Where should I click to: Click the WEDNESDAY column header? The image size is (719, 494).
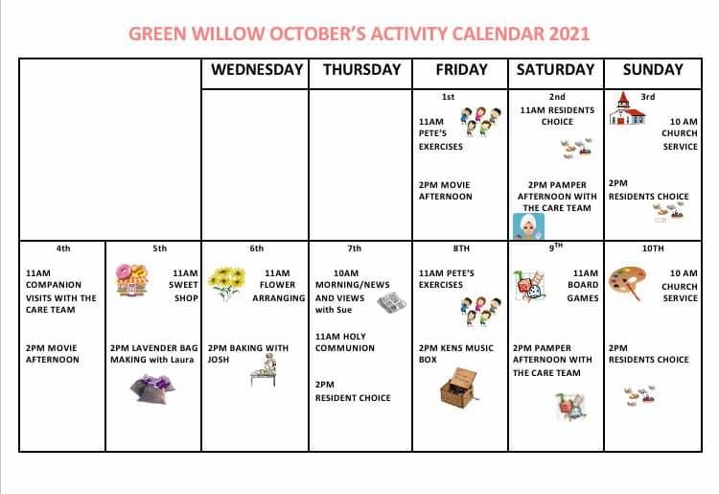coord(257,70)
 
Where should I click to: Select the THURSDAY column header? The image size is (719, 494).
coord(361,70)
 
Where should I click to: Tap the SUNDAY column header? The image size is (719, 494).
coord(653,70)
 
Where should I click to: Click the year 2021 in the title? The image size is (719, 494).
coord(569,34)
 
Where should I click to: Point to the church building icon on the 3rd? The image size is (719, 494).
coord(627,108)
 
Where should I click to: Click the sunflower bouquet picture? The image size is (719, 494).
coord(226,283)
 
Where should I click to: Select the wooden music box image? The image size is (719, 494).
coord(459,388)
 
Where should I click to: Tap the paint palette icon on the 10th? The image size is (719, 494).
coord(627,282)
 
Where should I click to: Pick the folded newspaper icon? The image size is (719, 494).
coord(391,303)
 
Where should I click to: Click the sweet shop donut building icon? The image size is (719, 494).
coord(131,280)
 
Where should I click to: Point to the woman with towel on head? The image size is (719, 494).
coord(528,226)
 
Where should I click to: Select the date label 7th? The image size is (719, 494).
coord(354,248)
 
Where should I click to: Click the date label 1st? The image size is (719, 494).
coord(448,97)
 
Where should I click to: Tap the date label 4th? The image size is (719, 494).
coord(63,248)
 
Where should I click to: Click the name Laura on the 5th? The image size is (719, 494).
coord(182,360)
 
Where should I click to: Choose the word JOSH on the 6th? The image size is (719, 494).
coord(219,360)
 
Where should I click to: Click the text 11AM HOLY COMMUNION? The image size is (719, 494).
coord(345,342)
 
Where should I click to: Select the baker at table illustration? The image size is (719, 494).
coord(264,372)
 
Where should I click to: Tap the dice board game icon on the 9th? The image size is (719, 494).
coord(529,286)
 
